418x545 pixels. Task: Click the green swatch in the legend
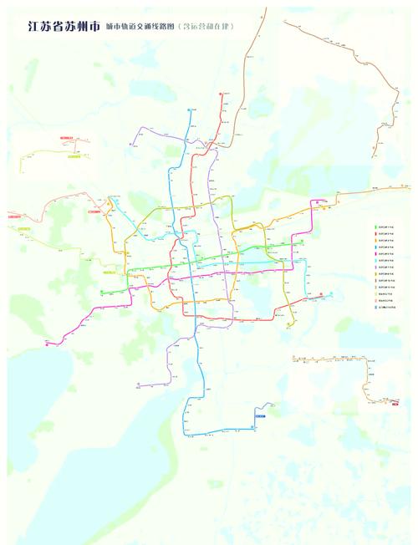click(375, 227)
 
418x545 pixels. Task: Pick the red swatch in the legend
click(375, 233)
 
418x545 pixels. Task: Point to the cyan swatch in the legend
click(375, 261)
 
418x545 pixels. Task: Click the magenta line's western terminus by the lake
click(48, 344)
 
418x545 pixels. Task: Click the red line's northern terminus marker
click(222, 94)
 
